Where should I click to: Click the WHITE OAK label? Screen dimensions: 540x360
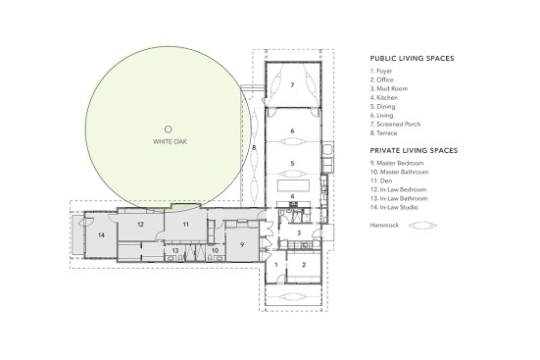170,141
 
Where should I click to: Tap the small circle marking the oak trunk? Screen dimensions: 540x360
168,129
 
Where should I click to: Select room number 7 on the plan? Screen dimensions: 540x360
292,84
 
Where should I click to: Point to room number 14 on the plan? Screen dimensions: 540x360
101,235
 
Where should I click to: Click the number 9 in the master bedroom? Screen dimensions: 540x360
242,244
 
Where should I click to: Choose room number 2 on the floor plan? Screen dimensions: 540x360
304,265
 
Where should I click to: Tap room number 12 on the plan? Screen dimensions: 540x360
140,224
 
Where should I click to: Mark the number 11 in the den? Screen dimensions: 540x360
186,225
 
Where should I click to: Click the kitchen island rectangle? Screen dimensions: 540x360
293,184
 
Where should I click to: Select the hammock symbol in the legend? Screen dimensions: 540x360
422,226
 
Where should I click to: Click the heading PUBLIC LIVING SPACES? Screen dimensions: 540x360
412,58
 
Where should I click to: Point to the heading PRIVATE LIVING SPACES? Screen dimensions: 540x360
414,151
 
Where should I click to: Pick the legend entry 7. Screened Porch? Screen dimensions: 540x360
395,125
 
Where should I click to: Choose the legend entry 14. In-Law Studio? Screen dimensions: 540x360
394,207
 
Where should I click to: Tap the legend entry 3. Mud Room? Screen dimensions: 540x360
389,88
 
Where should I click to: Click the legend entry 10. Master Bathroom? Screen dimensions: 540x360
400,172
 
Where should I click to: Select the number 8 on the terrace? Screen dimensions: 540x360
254,148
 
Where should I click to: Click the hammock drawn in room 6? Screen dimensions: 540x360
292,141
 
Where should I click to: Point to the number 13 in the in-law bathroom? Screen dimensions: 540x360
175,251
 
